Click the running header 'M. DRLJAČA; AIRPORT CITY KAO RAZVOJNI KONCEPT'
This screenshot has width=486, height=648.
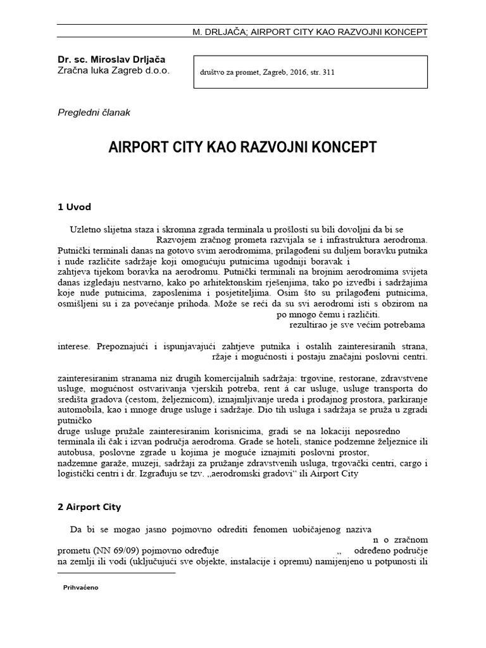coord(309,32)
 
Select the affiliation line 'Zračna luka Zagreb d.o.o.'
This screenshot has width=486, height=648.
coord(113,72)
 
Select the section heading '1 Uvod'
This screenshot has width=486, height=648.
coord(75,207)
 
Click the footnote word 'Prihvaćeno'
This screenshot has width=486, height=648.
coord(81,587)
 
